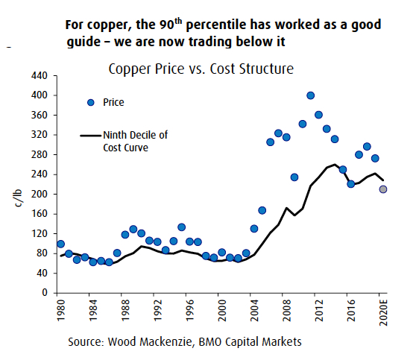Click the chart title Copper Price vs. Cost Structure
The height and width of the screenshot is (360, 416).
pyautogui.click(x=201, y=69)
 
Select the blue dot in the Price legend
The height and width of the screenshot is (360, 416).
pyautogui.click(x=91, y=102)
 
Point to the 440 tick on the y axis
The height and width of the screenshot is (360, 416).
pyautogui.click(x=42, y=76)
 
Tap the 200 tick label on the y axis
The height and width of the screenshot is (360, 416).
pyautogui.click(x=42, y=194)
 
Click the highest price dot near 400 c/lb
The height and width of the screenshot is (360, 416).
pyautogui.click(x=310, y=95)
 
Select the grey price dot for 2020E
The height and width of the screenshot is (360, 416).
pyautogui.click(x=383, y=189)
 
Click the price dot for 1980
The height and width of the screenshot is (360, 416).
pyautogui.click(x=60, y=244)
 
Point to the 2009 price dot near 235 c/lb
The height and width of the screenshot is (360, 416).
pyautogui.click(x=294, y=177)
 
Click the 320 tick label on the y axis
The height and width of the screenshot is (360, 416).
pyautogui.click(x=42, y=135)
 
